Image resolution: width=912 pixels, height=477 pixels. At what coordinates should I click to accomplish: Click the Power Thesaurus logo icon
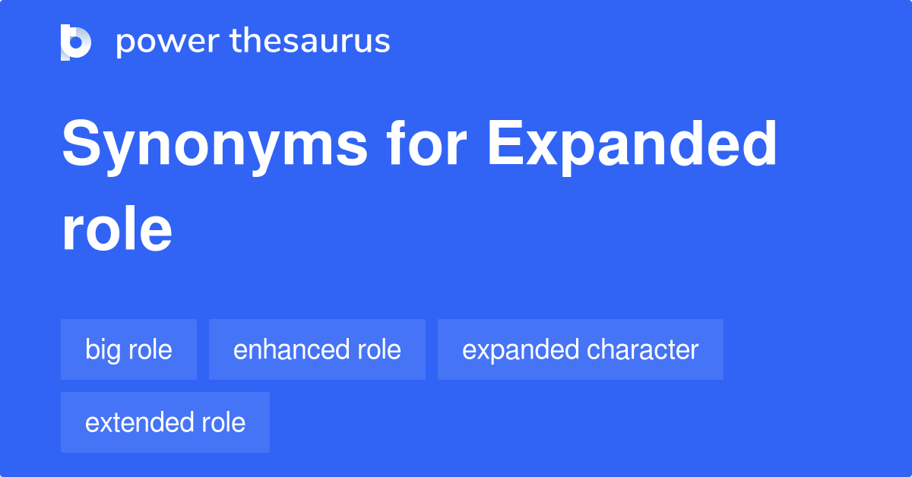coord(76,43)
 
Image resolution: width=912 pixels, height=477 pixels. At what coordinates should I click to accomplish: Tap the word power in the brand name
coord(168,42)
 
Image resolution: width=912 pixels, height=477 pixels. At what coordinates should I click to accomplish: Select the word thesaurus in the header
coord(310,40)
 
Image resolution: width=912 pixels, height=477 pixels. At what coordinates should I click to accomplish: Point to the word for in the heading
coord(426,143)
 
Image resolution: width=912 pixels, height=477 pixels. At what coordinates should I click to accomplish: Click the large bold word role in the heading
coord(117,229)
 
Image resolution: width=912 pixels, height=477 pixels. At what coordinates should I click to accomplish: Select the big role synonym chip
coord(128,349)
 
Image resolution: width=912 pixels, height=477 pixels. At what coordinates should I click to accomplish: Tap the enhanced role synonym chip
coord(317,349)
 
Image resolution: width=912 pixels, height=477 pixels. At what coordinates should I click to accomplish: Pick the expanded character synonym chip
coord(581,349)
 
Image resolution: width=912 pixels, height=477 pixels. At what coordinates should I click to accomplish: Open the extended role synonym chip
coord(166,422)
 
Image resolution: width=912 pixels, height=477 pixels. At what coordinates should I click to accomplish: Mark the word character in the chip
coord(642,349)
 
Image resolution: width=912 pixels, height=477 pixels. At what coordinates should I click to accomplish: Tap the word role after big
coord(150,349)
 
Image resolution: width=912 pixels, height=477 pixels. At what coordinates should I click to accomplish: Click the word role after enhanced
coord(379,349)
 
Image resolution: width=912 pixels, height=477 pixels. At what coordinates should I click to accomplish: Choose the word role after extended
coord(223,422)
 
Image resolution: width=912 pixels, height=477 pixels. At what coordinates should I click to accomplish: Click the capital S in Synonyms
coord(81,143)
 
